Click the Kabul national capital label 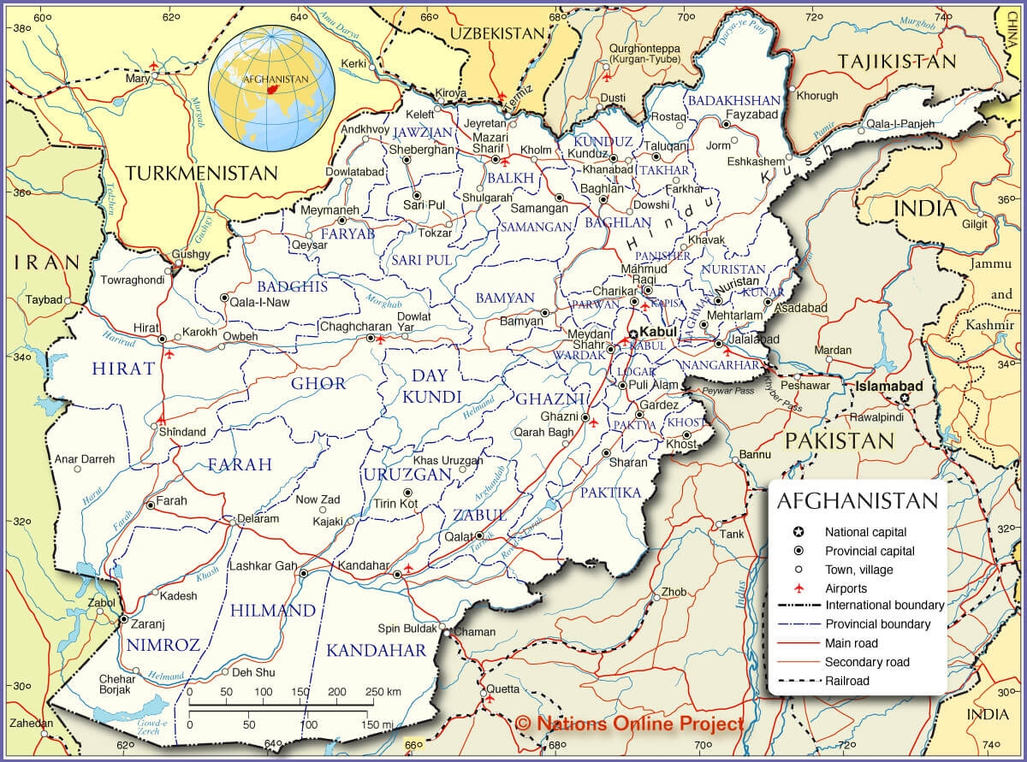[x=658, y=331]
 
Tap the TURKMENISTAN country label [x=201, y=173]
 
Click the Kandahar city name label [x=364, y=565]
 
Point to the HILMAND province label [x=273, y=611]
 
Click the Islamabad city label [x=891, y=387]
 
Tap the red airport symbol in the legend [x=798, y=588]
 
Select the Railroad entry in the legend [x=846, y=681]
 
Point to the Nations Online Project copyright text [x=629, y=724]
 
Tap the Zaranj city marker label [x=148, y=624]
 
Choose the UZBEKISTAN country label [x=497, y=33]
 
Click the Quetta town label [x=502, y=688]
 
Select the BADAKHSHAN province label [x=734, y=100]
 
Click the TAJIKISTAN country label [x=896, y=62]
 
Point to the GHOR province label [x=318, y=383]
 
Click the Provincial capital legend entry [x=870, y=551]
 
